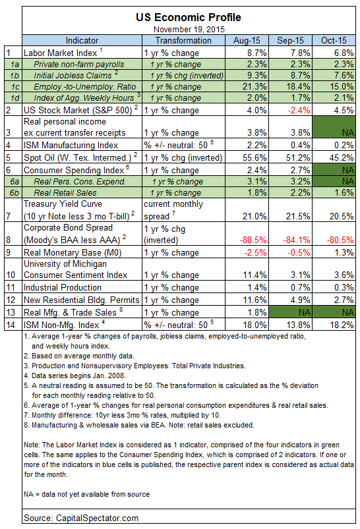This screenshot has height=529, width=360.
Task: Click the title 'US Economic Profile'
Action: (x=189, y=17)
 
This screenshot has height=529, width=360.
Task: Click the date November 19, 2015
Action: (x=189, y=30)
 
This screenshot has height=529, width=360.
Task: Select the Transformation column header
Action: (x=183, y=40)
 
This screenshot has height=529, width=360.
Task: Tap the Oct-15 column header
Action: (x=334, y=40)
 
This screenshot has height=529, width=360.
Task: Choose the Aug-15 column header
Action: (x=247, y=40)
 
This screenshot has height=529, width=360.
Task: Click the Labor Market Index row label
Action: (x=61, y=53)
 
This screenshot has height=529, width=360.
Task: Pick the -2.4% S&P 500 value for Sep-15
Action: (x=299, y=110)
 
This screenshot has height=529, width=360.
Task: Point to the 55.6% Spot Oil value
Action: (x=255, y=157)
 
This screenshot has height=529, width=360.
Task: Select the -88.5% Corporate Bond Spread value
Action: (x=253, y=240)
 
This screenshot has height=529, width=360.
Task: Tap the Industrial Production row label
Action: (x=63, y=287)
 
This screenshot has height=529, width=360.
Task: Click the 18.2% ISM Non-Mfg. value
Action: (x=342, y=325)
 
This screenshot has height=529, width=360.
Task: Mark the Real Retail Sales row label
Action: (x=65, y=192)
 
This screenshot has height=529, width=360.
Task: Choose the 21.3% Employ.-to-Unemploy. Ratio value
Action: (x=255, y=87)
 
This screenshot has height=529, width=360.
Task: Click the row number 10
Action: (x=11, y=275)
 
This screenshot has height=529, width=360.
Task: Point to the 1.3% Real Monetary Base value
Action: (x=344, y=252)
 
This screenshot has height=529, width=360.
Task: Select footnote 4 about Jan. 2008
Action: (x=75, y=376)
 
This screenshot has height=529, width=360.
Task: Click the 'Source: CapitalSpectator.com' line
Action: (x=81, y=518)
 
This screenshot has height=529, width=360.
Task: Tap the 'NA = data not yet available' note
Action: (x=87, y=494)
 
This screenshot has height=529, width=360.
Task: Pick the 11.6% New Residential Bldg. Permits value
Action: (x=255, y=300)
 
